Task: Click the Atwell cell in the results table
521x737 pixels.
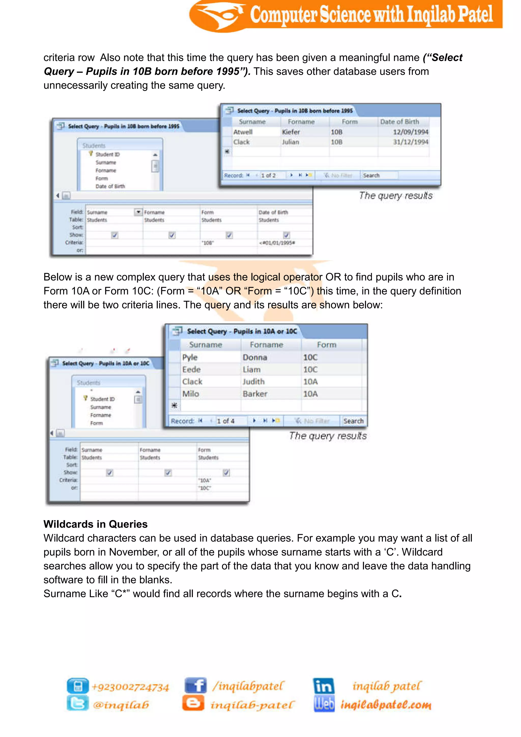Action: point(243,132)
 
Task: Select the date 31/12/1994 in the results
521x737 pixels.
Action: point(411,142)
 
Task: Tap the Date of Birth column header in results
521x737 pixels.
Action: point(399,122)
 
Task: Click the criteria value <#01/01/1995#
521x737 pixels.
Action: point(277,243)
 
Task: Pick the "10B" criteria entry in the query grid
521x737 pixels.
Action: point(208,243)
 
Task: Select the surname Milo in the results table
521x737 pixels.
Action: point(191,394)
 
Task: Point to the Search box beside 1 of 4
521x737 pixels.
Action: point(353,421)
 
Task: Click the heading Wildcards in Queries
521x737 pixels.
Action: point(95,524)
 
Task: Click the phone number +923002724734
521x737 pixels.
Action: point(130,687)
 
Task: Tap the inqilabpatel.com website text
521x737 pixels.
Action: point(386,705)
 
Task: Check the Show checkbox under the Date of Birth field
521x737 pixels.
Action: point(286,235)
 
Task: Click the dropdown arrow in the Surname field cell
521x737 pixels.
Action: point(138,212)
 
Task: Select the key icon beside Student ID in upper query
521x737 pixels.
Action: point(91,154)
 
